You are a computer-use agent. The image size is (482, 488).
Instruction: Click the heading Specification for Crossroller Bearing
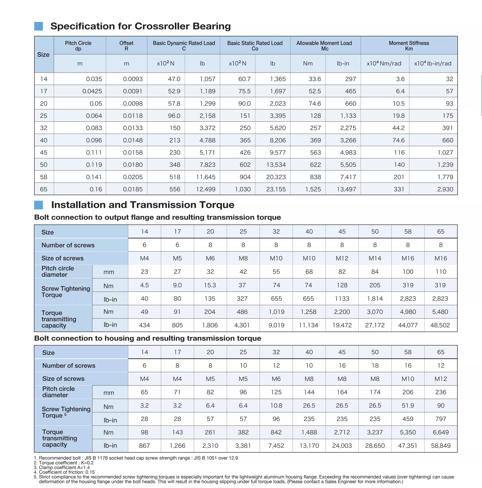pos(140,26)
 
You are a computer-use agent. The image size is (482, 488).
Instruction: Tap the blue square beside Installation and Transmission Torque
pos(38,205)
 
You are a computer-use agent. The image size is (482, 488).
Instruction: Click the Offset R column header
pos(126,46)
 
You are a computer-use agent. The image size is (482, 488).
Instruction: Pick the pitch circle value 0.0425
pos(92,91)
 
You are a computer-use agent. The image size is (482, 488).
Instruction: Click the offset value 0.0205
pos(133,177)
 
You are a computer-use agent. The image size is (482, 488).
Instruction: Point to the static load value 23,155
pos(276,189)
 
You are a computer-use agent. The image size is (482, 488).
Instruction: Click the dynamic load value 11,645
pos(205,177)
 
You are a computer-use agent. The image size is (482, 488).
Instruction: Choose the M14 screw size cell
pos(375,258)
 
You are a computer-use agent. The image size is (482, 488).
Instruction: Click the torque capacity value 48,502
pos(440,325)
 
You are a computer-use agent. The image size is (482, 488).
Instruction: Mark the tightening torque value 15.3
pos(210,285)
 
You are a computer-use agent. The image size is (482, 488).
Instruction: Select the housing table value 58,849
pos(441,446)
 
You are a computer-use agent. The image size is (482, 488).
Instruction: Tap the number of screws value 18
pos(375,365)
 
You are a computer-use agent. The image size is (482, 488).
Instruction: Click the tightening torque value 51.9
pos(408,405)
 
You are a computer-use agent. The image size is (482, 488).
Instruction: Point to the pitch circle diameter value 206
pos(408,392)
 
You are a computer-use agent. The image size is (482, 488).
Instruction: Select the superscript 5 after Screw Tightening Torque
pos(65,414)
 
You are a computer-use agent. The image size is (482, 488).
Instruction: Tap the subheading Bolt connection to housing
pos(147,338)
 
